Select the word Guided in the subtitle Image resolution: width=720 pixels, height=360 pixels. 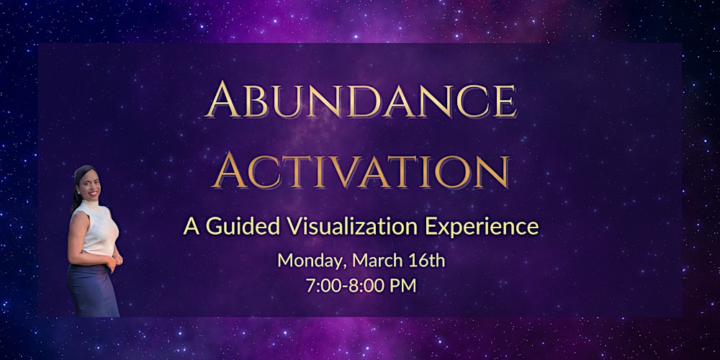(236, 226)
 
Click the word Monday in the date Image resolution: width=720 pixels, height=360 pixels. (307, 261)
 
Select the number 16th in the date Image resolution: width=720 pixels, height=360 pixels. (424, 260)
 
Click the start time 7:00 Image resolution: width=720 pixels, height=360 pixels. (321, 285)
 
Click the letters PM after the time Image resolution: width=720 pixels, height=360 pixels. (404, 285)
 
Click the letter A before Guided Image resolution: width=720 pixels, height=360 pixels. (192, 226)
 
